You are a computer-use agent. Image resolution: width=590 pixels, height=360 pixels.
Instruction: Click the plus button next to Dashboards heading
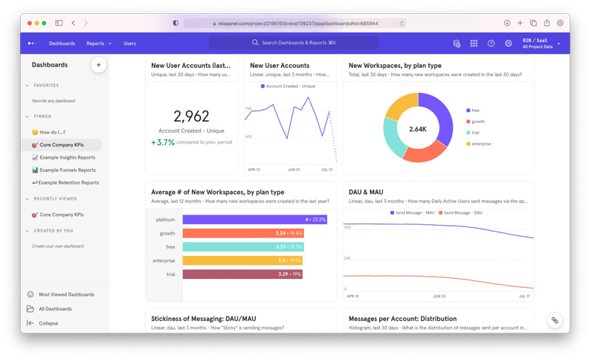(98, 65)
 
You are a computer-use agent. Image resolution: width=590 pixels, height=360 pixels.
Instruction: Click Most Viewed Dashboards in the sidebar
(66, 294)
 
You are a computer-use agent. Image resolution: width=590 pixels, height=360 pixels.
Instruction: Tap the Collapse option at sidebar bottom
(48, 323)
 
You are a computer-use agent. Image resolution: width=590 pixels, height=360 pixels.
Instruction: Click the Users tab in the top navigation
(130, 44)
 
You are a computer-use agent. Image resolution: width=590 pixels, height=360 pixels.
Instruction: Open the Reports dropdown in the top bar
(99, 44)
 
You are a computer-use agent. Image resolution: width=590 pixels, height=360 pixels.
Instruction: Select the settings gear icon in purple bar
(508, 44)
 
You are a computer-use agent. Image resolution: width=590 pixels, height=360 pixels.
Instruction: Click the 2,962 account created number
(191, 116)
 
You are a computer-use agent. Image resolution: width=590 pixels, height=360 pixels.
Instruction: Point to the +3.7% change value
(164, 142)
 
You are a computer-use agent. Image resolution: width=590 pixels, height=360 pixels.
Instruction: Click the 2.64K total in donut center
(417, 129)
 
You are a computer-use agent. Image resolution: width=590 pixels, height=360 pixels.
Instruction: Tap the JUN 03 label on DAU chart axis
(439, 296)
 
